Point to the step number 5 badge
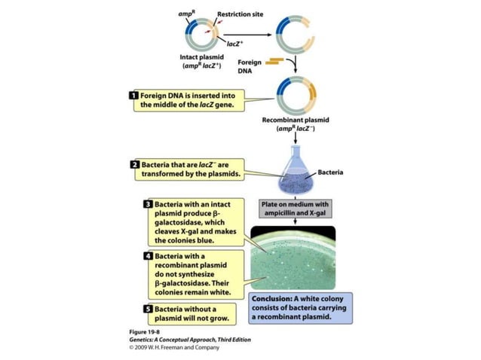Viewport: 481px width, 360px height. point(149,310)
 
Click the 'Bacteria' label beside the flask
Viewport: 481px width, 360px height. point(331,172)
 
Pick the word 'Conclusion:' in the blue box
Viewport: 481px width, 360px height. point(272,298)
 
